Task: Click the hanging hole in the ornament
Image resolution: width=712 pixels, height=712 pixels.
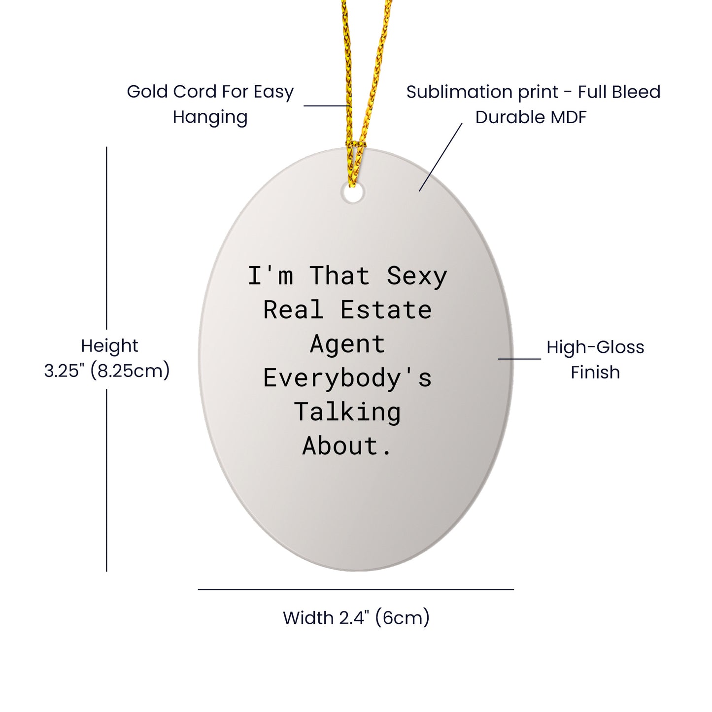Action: click(353, 193)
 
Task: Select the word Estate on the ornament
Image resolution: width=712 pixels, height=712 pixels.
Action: click(386, 309)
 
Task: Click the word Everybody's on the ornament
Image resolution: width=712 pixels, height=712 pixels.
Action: click(347, 379)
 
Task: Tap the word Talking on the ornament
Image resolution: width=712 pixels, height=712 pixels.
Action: click(347, 412)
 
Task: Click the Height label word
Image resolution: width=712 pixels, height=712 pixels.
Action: click(109, 346)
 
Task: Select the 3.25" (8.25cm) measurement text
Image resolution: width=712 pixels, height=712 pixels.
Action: click(107, 370)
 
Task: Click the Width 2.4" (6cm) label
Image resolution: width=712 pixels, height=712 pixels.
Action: click(356, 617)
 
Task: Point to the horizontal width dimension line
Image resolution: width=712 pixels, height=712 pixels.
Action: click(356, 590)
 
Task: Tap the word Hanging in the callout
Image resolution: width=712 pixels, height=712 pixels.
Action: click(210, 118)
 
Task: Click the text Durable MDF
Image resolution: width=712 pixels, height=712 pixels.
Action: click(531, 117)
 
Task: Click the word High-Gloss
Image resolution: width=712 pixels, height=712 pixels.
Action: click(595, 347)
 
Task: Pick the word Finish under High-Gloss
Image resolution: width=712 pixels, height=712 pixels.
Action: click(595, 372)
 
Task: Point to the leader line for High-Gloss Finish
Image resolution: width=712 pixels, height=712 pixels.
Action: click(519, 358)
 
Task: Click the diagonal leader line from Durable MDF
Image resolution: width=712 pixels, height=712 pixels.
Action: click(441, 157)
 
